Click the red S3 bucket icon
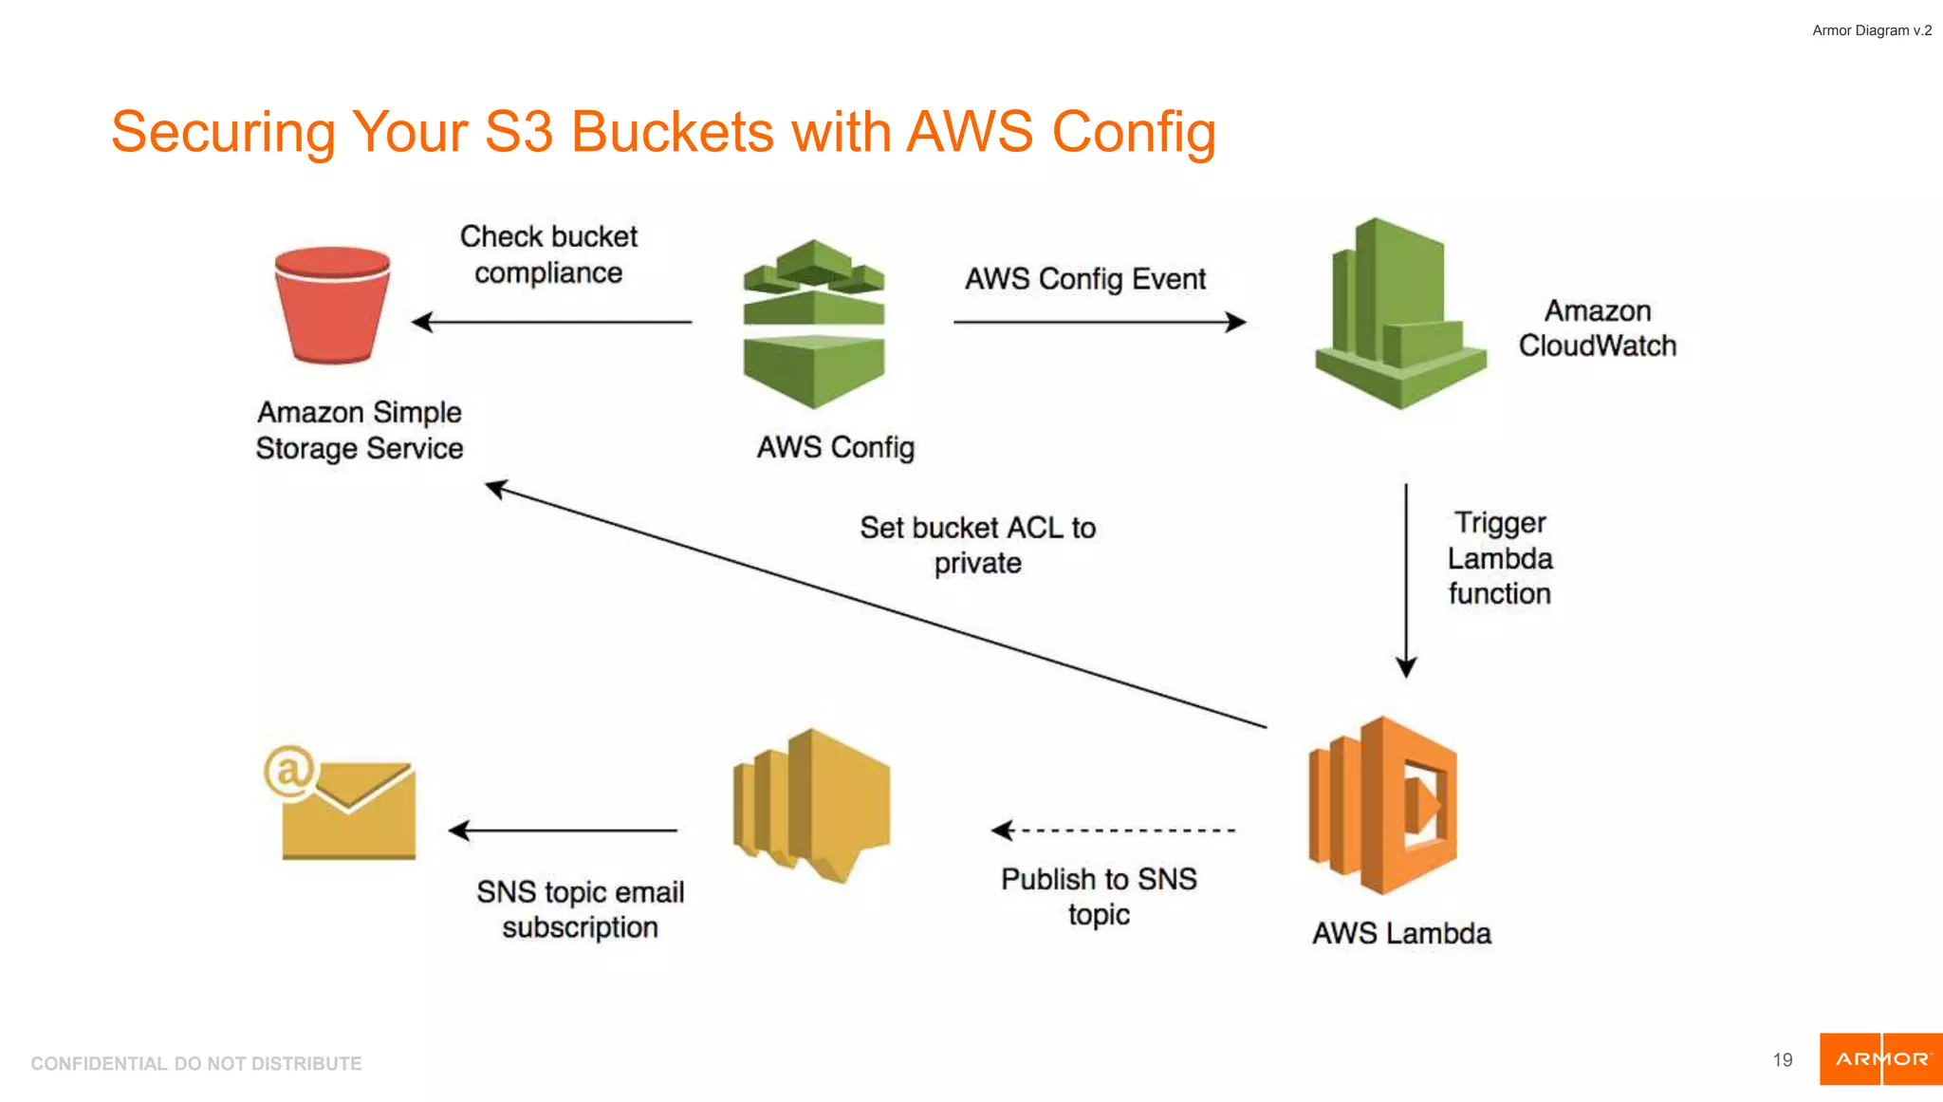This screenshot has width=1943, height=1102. (x=332, y=306)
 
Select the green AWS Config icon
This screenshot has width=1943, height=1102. (x=814, y=326)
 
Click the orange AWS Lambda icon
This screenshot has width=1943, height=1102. (x=1382, y=806)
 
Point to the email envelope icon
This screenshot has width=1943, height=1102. (x=348, y=810)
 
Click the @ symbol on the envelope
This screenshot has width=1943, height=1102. (x=288, y=770)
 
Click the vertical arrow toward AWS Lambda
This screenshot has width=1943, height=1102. (x=1406, y=579)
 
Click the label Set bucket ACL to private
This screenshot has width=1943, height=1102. (x=977, y=545)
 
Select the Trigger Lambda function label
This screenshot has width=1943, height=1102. (x=1499, y=558)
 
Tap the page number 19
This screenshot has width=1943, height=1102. (x=1782, y=1060)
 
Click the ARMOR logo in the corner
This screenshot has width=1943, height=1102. (x=1880, y=1059)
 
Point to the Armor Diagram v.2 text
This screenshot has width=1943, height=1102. (x=1871, y=30)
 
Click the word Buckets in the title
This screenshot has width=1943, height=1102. (x=672, y=132)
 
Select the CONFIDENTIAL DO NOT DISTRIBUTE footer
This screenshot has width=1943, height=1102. (x=196, y=1063)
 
